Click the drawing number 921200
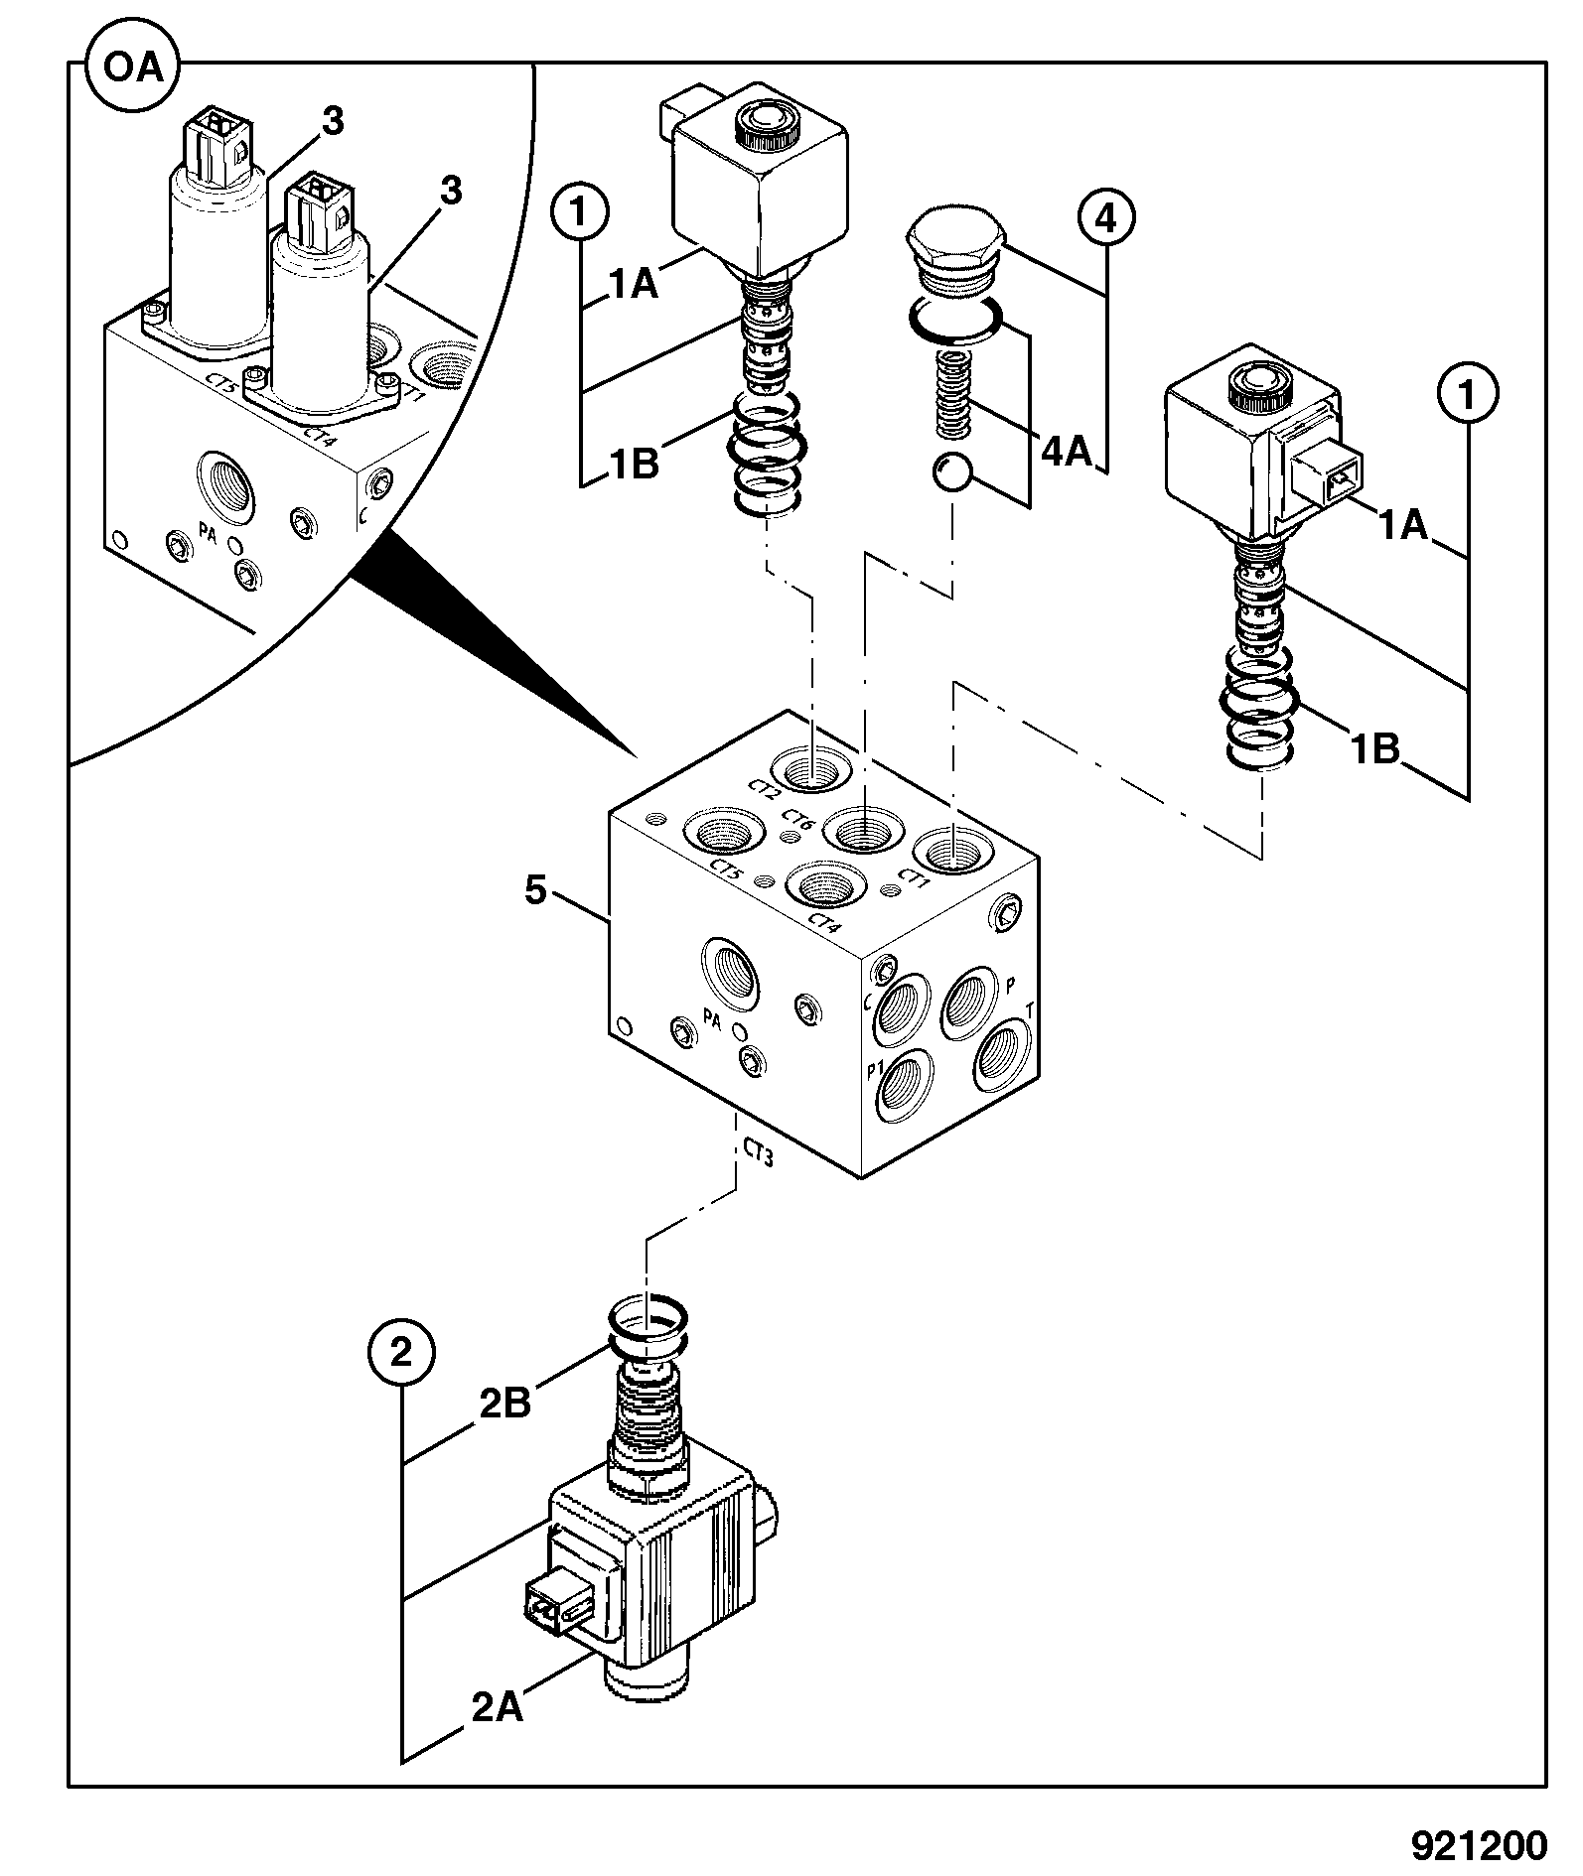pos(1479,1844)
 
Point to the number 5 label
pos(535,890)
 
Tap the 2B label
pos(504,1405)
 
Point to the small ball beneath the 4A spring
pos(953,473)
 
